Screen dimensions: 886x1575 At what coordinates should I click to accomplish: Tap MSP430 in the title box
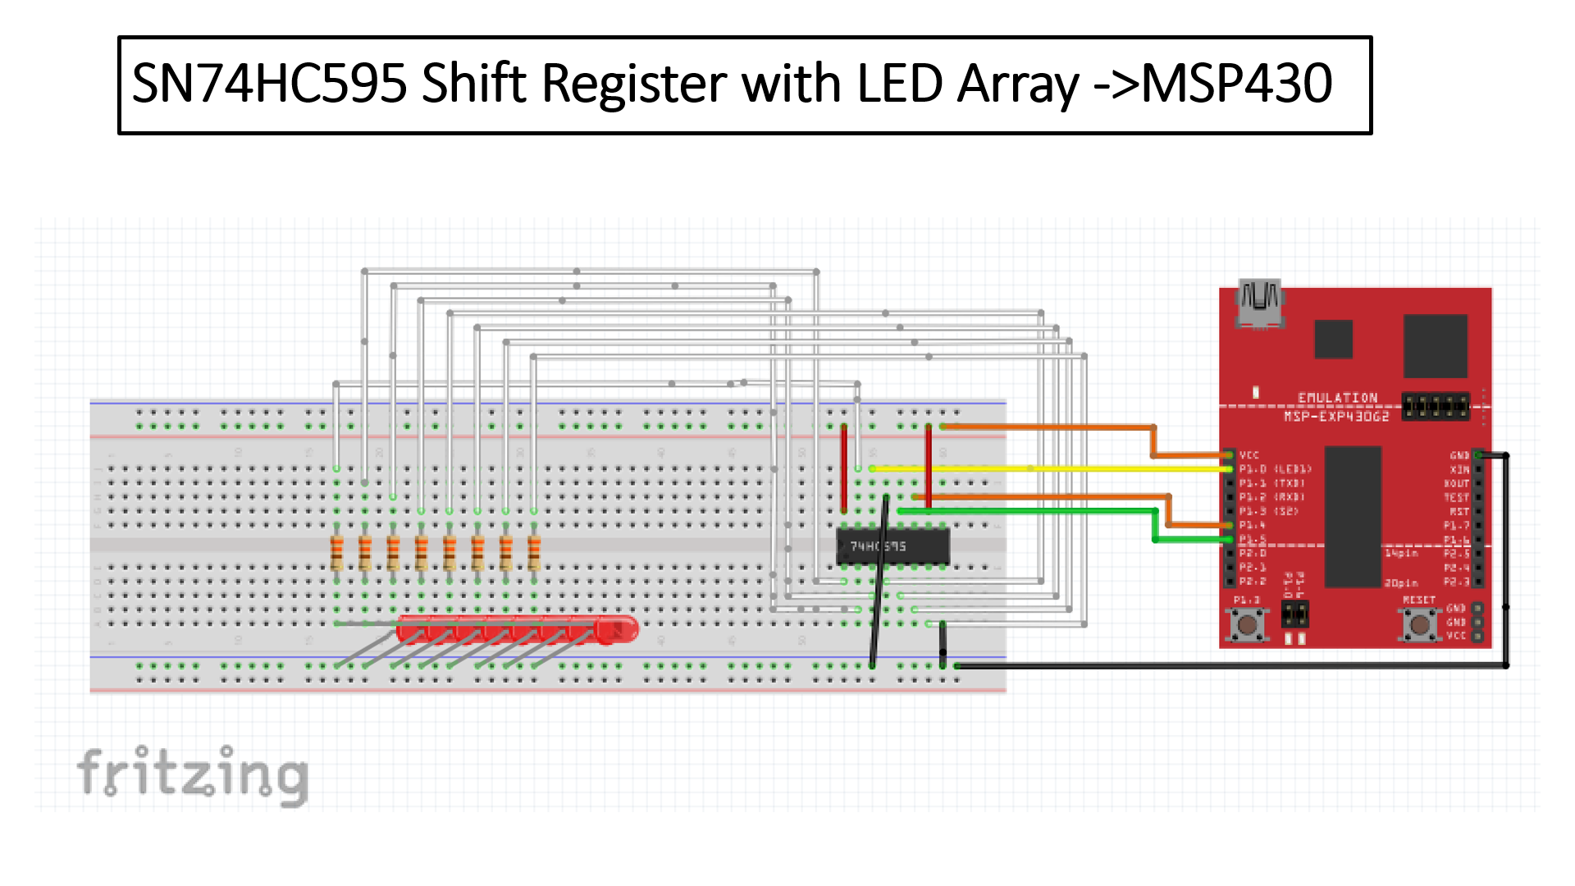click(x=1236, y=84)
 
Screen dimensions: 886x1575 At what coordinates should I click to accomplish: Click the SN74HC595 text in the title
click(x=269, y=84)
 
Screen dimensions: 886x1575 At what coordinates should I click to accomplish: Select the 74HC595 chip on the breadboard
click(x=892, y=546)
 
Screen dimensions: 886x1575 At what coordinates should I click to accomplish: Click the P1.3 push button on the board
click(x=1248, y=625)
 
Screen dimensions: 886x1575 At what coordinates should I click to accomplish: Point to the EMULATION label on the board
click(x=1337, y=398)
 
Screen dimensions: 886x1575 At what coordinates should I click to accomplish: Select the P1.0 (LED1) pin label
click(x=1275, y=469)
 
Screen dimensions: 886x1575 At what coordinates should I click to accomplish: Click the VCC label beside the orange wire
click(x=1249, y=455)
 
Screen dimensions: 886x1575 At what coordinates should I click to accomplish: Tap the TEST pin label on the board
click(x=1456, y=497)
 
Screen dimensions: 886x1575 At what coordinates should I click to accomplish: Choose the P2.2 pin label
click(x=1252, y=582)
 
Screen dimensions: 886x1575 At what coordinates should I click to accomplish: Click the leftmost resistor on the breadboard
click(x=336, y=552)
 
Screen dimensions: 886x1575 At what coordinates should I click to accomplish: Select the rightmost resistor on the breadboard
click(x=534, y=552)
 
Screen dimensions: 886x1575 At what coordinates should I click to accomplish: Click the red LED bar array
click(x=517, y=630)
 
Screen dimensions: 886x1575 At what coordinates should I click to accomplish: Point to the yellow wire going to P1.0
click(x=1050, y=468)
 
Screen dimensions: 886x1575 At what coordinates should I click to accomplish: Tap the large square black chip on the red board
click(x=1435, y=345)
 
